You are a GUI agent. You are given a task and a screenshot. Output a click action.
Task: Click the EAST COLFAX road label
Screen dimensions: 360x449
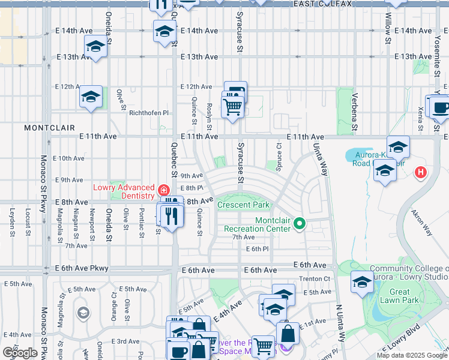[x=323, y=4]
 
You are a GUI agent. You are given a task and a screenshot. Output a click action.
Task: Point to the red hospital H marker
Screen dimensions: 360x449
[x=421, y=173]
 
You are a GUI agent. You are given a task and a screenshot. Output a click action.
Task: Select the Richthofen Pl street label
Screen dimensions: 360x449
[x=148, y=113]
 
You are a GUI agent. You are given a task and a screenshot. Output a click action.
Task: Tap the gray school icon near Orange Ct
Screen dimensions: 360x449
[x=83, y=313]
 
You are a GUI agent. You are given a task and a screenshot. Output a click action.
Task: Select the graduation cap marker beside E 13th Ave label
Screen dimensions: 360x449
[x=95, y=46]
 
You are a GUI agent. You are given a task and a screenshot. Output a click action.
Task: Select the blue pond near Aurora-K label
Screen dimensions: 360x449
[x=362, y=155]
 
